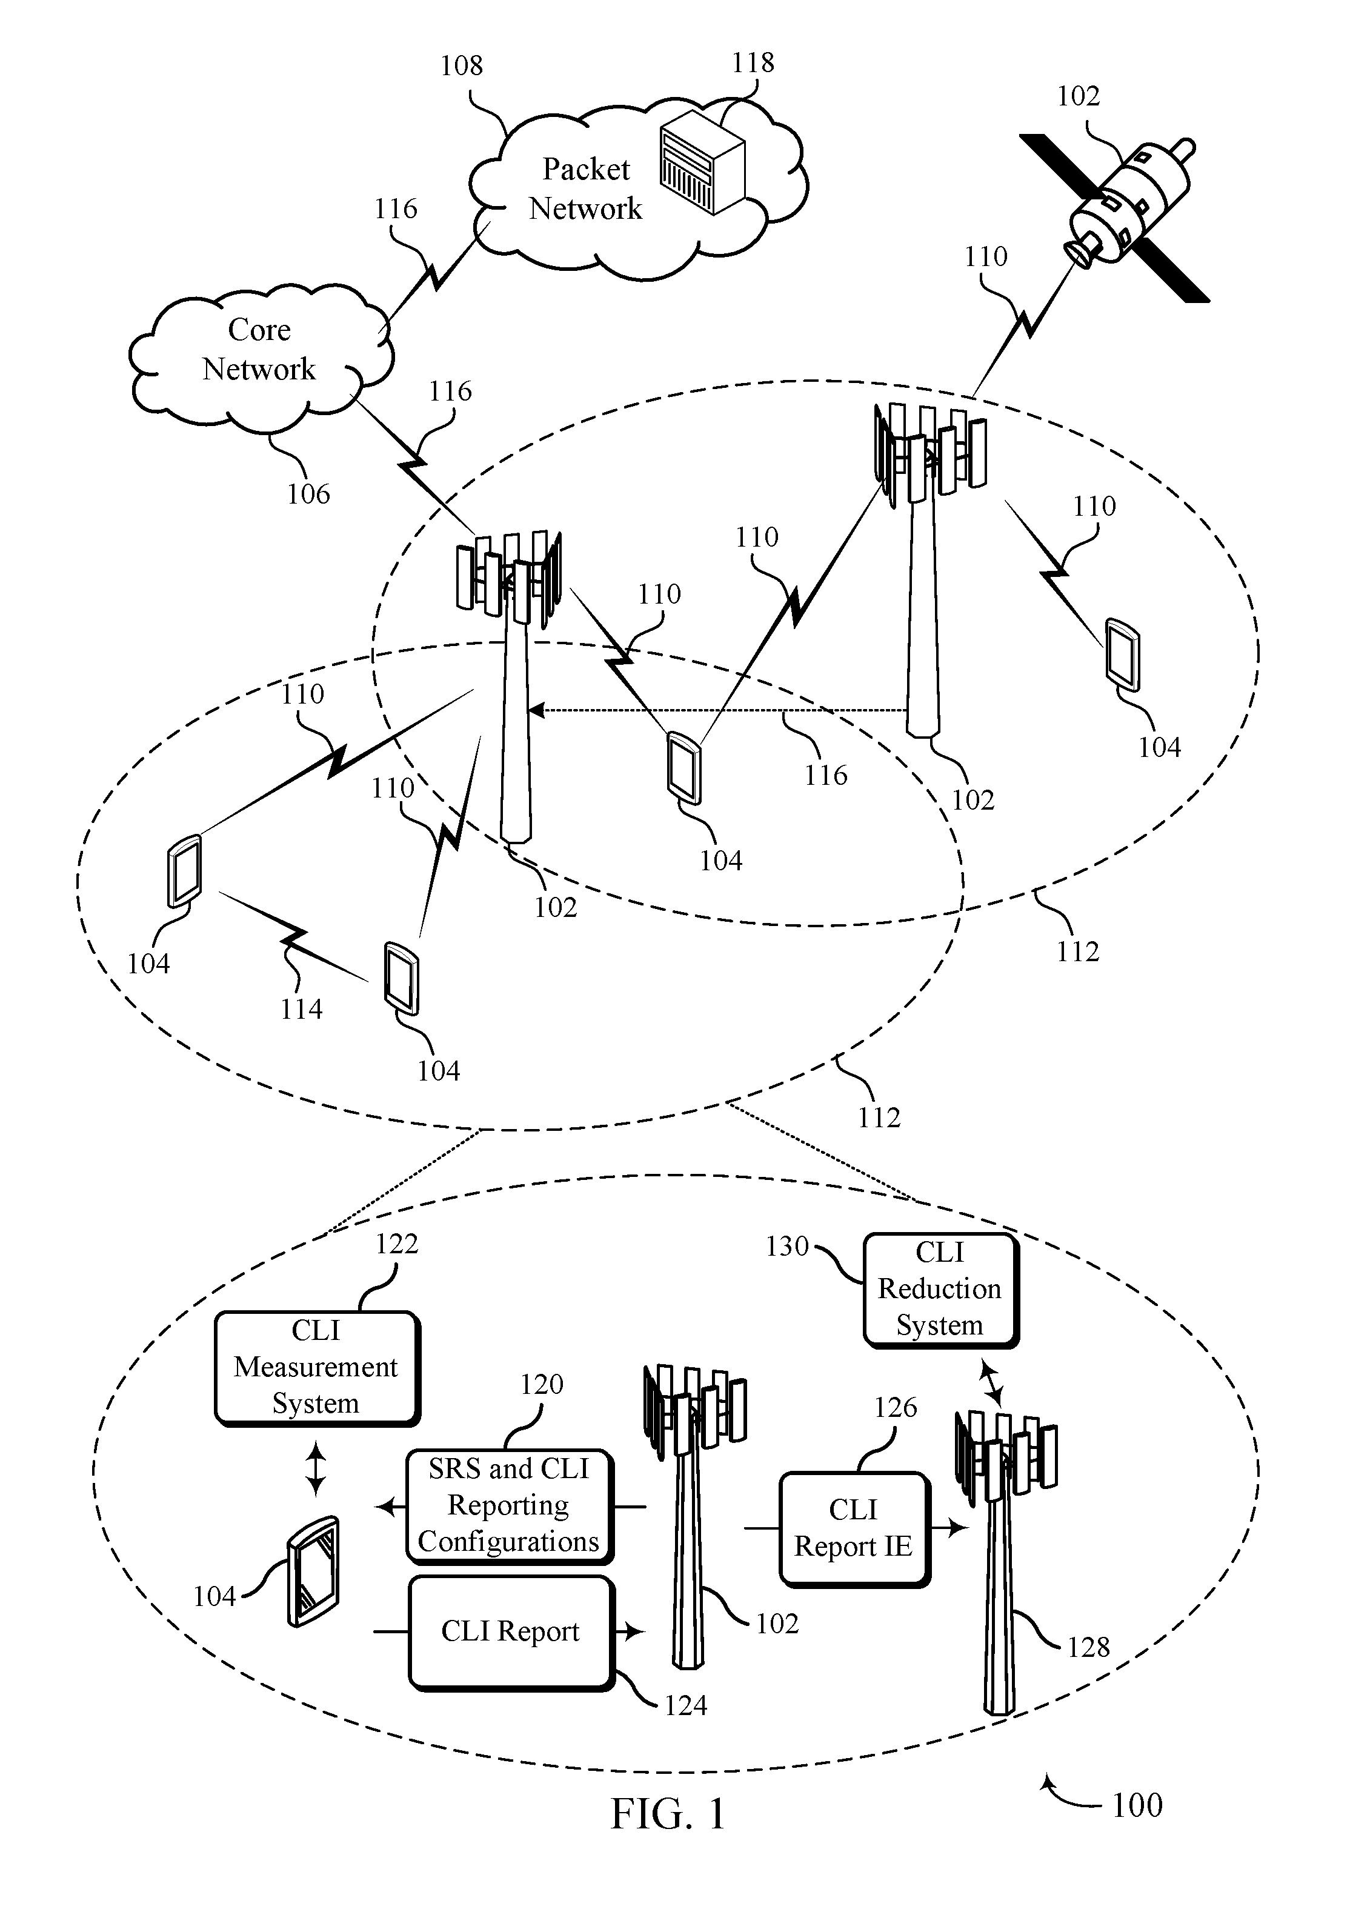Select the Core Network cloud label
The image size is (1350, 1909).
pyautogui.click(x=259, y=349)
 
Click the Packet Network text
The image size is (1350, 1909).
pyautogui.click(x=586, y=188)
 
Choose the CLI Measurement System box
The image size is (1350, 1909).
pyautogui.click(x=318, y=1368)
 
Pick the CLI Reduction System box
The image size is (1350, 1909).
pyautogui.click(x=941, y=1290)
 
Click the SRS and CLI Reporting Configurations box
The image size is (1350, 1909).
pyautogui.click(x=510, y=1507)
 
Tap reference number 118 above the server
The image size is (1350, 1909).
pyautogui.click(x=753, y=62)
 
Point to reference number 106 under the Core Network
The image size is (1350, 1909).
pyautogui.click(x=308, y=494)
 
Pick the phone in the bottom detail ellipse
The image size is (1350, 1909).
pyautogui.click(x=313, y=1571)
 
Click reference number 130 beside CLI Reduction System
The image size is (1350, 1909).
pyautogui.click(x=787, y=1247)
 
